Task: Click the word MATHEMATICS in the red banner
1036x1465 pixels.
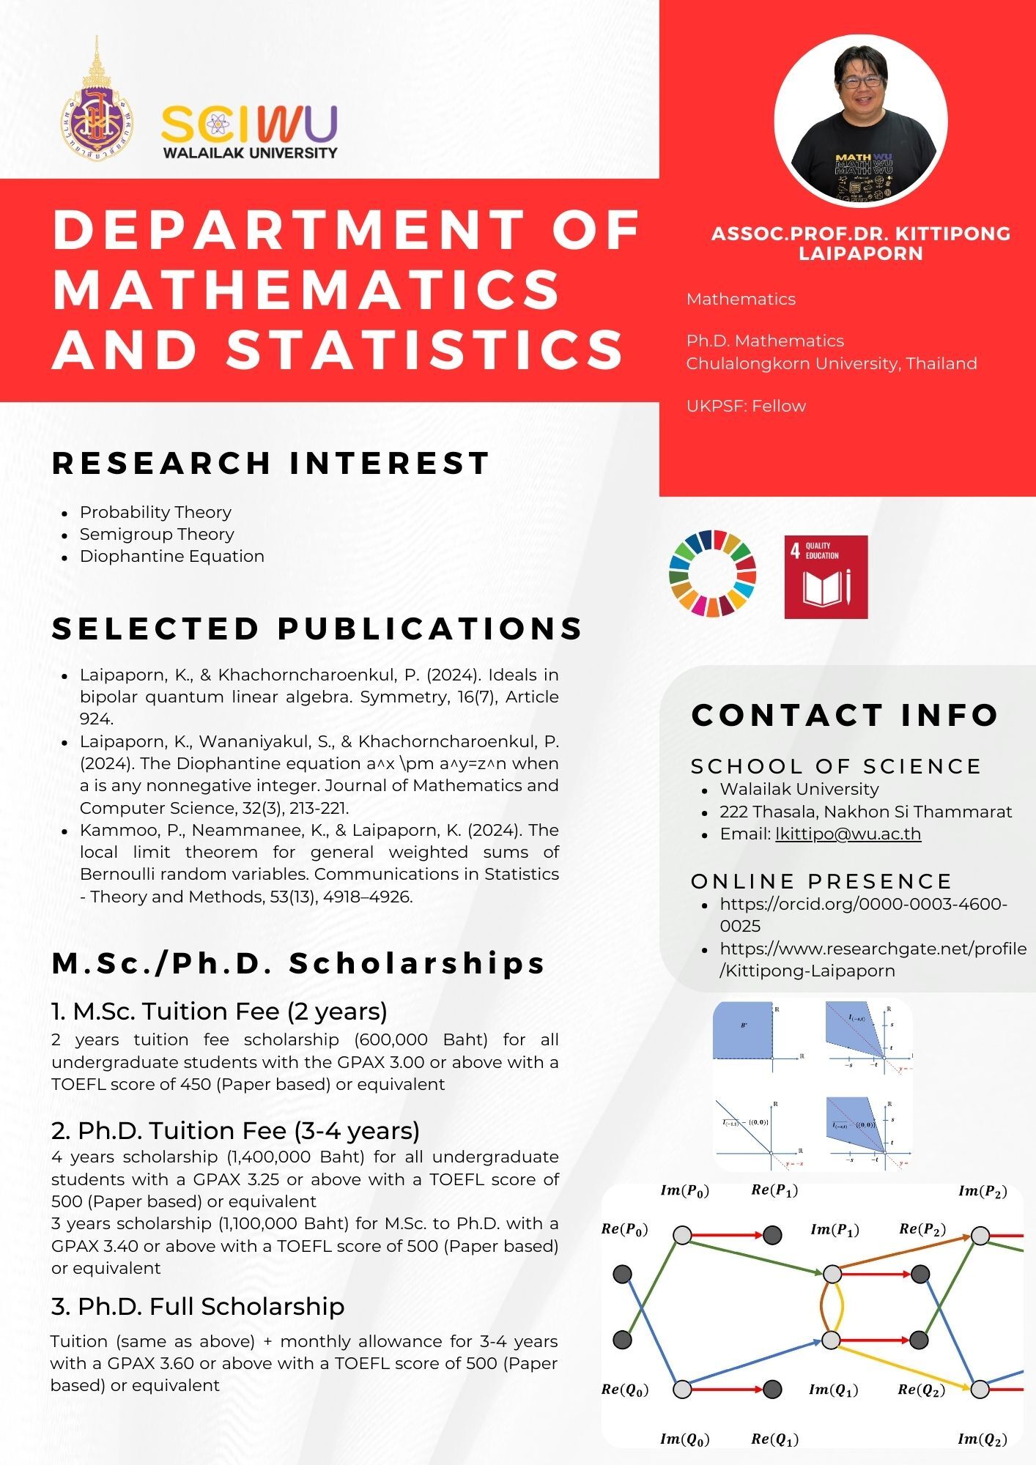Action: [306, 289]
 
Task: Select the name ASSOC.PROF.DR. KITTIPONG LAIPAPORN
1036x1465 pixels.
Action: [861, 243]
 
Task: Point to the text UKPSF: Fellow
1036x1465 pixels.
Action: [746, 406]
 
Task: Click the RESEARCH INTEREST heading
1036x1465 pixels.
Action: [270, 463]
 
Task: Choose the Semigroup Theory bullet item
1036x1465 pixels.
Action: [157, 534]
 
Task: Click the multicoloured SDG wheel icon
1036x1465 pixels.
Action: [712, 574]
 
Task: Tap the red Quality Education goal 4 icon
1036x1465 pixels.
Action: [826, 577]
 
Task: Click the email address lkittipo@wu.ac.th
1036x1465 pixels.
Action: [848, 834]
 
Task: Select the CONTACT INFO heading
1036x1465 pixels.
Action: [845, 715]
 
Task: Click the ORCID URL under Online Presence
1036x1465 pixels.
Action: [863, 913]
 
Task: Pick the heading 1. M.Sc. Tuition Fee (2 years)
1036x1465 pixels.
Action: [219, 1011]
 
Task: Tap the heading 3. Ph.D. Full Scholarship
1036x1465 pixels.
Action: [198, 1306]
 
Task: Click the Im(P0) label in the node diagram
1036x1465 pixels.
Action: [684, 1191]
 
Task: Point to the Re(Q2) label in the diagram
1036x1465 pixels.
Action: [921, 1390]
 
